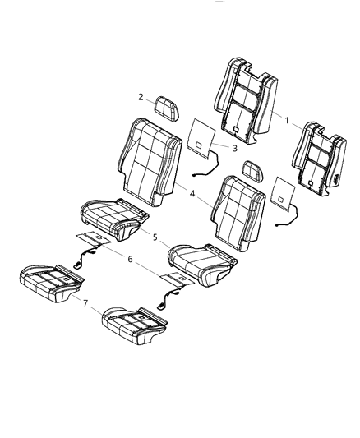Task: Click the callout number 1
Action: click(x=285, y=121)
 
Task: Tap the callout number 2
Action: click(x=141, y=97)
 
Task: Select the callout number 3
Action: click(x=234, y=148)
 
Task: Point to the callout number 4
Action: click(x=191, y=196)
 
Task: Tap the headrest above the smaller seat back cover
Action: click(x=252, y=171)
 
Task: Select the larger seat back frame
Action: click(x=244, y=95)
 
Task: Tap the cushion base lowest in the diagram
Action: click(x=132, y=320)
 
